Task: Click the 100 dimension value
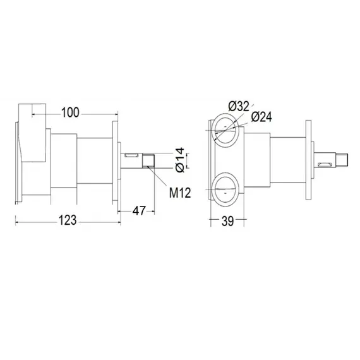pos(71,112)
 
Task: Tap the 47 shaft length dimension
pos(140,210)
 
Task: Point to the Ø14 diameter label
pos(179,160)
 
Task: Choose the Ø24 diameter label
pos(261,117)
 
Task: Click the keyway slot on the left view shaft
pos(132,155)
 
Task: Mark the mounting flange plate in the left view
pos(114,161)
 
